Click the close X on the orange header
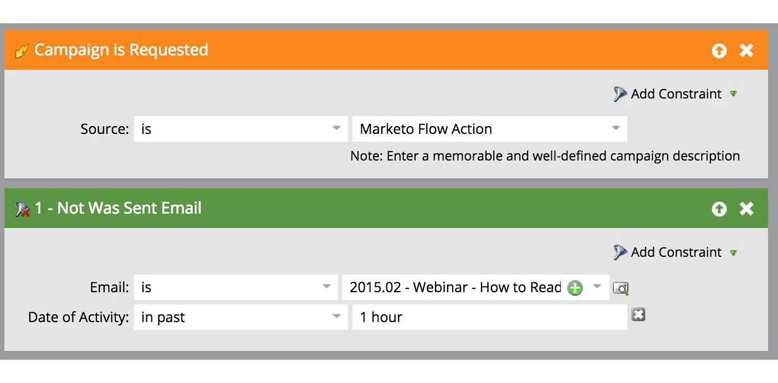(746, 51)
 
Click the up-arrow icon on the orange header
(719, 51)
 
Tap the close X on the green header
(746, 209)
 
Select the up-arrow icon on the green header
(719, 209)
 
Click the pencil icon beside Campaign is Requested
(22, 51)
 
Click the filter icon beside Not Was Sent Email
(22, 209)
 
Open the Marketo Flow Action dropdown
(490, 129)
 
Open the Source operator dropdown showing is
(240, 129)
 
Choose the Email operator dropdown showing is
(236, 287)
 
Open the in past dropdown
(240, 317)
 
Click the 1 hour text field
(490, 317)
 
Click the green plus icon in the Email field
(575, 288)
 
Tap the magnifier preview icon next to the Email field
(621, 288)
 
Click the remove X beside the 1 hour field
(638, 315)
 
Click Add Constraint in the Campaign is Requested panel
(675, 94)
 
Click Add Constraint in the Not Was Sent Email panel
(675, 252)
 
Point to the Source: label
(105, 129)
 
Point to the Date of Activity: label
(79, 317)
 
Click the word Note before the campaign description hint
(366, 156)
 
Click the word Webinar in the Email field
(441, 287)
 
